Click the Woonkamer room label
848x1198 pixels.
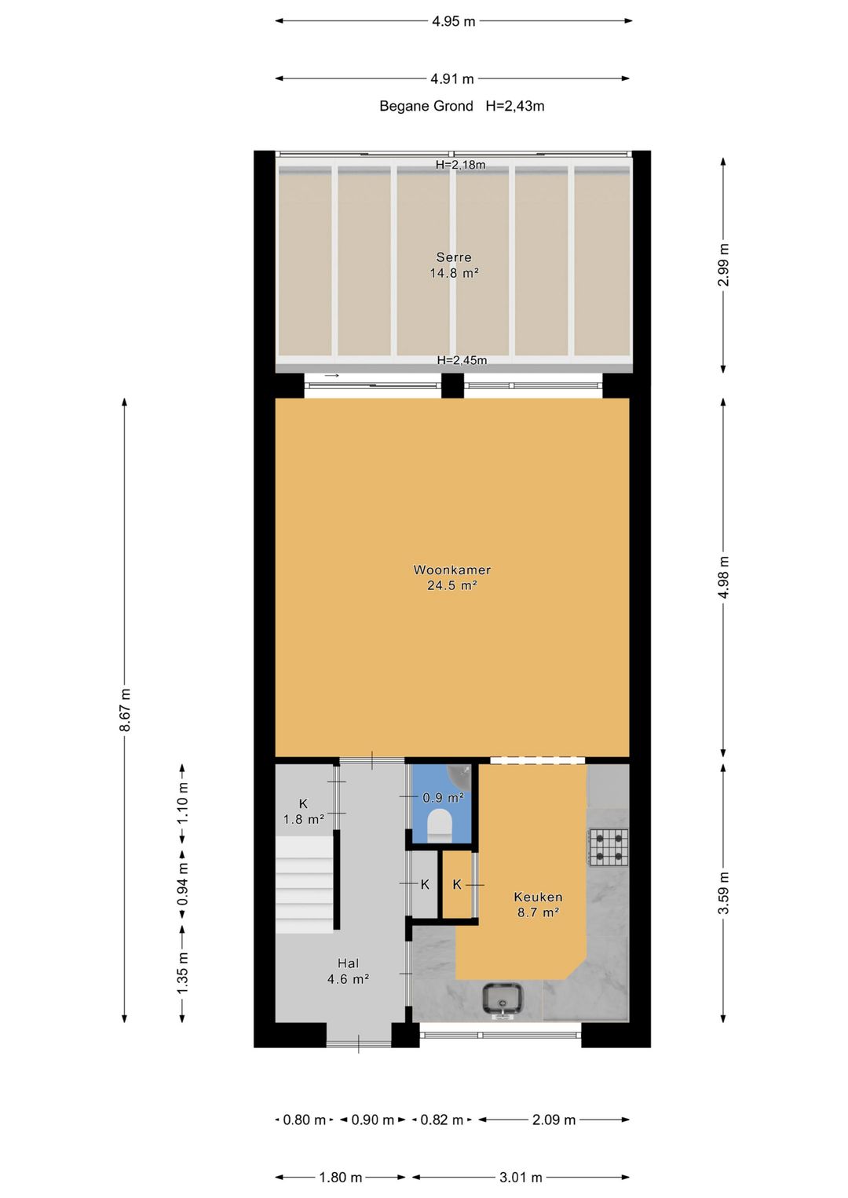click(452, 577)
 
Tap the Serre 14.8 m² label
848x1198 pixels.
click(454, 265)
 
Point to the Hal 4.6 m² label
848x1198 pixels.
click(348, 971)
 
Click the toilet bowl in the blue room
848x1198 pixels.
click(440, 826)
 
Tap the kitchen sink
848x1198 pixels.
click(502, 999)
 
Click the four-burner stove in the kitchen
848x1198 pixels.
click(609, 847)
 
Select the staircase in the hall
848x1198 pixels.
click(304, 884)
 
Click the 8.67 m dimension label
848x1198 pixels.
click(125, 710)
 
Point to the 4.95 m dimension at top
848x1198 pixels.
click(453, 21)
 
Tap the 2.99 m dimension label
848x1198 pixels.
click(724, 265)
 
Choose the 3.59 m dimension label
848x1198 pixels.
click(724, 893)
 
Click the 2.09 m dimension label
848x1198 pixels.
click(554, 1120)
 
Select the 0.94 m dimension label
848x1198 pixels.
click(182, 883)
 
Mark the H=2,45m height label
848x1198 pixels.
click(462, 360)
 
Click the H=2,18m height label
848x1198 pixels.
click(461, 165)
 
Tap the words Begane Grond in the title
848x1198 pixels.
click(426, 106)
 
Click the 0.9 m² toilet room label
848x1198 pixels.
click(444, 797)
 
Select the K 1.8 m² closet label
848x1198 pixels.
click(304, 811)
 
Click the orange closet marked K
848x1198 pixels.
click(456, 884)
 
